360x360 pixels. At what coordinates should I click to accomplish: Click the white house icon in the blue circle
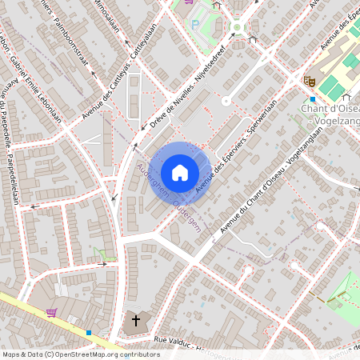[x=180, y=172]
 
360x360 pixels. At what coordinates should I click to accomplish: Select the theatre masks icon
[x=308, y=80]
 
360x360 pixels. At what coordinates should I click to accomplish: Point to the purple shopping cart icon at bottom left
[x=52, y=313]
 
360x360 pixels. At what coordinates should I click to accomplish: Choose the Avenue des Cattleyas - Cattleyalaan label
[x=113, y=91]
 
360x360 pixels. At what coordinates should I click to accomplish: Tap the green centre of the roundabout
[x=238, y=27]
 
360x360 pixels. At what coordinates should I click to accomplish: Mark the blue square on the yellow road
[x=89, y=333]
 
